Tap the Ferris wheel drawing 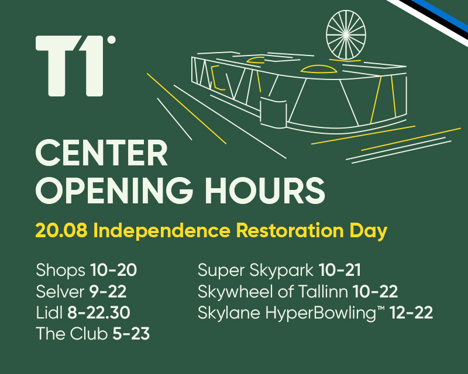(x=346, y=35)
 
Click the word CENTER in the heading (x=101, y=153)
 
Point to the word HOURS (x=265, y=191)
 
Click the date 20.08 (x=61, y=231)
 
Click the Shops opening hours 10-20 (x=113, y=270)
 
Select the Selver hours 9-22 (x=108, y=292)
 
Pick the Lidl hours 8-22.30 (x=99, y=313)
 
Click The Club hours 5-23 (x=131, y=334)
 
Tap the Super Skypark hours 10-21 (x=340, y=270)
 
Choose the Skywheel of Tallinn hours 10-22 (x=375, y=292)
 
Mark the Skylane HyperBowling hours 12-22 (x=411, y=313)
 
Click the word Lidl (x=49, y=313)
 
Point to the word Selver (x=60, y=292)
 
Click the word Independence (x=162, y=231)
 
